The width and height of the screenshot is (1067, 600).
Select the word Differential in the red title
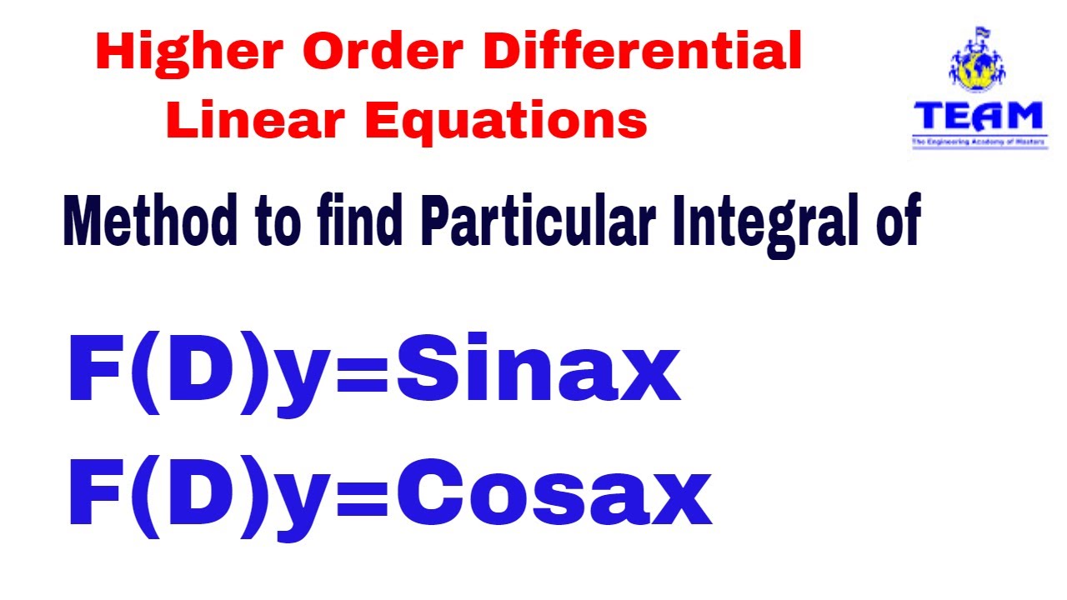point(643,53)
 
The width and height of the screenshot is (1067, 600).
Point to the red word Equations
point(506,121)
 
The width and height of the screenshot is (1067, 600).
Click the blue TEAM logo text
point(978,116)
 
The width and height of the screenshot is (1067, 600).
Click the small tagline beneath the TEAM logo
point(978,142)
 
